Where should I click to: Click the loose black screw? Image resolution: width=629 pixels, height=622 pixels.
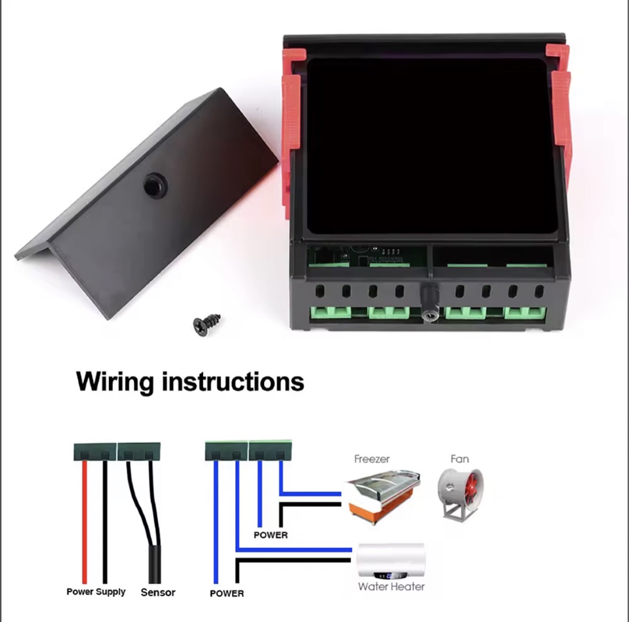pos(206,324)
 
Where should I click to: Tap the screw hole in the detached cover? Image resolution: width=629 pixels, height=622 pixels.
pos(155,185)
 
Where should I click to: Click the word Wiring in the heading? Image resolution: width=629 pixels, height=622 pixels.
pos(115,381)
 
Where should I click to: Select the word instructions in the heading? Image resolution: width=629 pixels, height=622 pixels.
pos(233,381)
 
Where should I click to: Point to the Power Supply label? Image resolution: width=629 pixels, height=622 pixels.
pos(96,592)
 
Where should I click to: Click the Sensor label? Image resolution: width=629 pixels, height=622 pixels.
pos(158,592)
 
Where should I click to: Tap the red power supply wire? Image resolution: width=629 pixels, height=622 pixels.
pos(84,522)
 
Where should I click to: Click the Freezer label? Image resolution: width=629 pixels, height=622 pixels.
pos(372,459)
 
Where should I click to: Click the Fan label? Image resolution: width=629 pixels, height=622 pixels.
pos(460,459)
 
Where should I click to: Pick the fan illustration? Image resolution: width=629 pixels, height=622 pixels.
pos(460,494)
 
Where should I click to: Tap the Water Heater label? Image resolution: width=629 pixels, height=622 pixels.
pos(391,587)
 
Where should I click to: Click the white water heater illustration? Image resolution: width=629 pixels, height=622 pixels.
pos(391,561)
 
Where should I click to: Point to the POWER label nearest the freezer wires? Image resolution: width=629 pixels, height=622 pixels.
pos(271,535)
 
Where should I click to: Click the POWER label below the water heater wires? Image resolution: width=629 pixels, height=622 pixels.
pos(227,594)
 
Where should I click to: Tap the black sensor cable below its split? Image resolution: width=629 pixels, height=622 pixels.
pos(154,564)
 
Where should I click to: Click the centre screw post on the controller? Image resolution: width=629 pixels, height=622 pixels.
pos(429,301)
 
